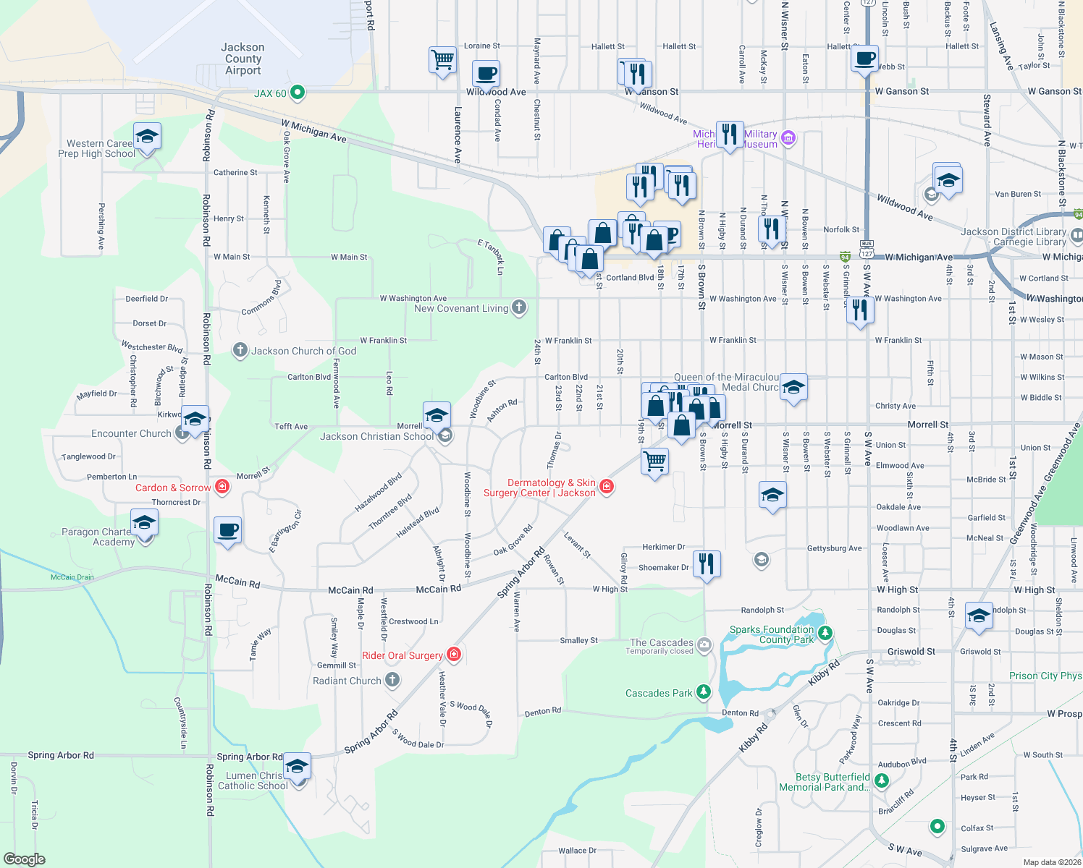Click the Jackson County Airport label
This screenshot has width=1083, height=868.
coord(243,59)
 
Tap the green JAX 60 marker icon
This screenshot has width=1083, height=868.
coord(297,93)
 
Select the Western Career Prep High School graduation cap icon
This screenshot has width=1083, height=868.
coord(147,136)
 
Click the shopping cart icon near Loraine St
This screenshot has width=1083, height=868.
coord(442,59)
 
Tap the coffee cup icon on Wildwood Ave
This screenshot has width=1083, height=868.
coord(486,74)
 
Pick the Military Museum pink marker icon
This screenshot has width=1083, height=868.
coord(788,137)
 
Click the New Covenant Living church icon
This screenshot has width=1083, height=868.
coord(519,307)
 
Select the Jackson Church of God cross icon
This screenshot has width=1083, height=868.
coord(240,351)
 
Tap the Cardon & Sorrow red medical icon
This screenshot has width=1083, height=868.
coord(222,487)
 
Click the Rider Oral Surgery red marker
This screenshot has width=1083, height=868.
coord(454,655)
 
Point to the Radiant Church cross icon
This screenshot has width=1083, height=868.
coord(392,680)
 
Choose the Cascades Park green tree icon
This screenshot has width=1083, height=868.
coord(703,692)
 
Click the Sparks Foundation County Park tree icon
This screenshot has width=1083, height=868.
coord(825,634)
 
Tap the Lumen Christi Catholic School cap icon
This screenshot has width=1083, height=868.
coord(297,765)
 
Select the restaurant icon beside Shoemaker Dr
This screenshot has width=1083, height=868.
coord(707,562)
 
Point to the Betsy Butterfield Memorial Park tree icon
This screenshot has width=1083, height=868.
coord(881,780)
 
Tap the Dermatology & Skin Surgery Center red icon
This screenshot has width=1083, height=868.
coord(607,487)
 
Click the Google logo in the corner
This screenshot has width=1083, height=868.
coord(24,859)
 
